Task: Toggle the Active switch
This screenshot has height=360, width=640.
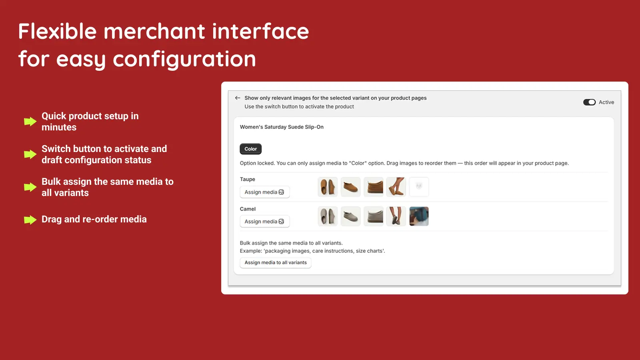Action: coord(589,102)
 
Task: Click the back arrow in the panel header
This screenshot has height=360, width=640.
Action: coord(238,98)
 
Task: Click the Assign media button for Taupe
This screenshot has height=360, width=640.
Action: coord(264,192)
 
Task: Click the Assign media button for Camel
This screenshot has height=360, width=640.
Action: coord(264,222)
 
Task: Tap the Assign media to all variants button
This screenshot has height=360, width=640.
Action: coord(276,263)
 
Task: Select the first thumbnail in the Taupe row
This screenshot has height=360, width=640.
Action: coord(328,187)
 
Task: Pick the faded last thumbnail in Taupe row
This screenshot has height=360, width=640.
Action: coord(419,187)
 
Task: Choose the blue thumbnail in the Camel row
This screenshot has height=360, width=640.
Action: coord(419,216)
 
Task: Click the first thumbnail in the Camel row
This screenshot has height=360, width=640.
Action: coord(328,216)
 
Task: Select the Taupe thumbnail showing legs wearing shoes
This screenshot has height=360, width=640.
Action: coord(396,187)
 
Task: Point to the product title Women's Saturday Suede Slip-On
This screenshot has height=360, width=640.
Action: coord(282,127)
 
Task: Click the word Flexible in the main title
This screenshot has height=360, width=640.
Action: coord(58,32)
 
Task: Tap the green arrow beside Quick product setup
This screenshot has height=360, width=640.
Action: coord(30,122)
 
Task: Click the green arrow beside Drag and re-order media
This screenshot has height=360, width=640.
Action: coord(30,220)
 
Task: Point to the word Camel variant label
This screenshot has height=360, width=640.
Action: coord(248,209)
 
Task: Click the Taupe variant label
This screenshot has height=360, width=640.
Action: coord(247,180)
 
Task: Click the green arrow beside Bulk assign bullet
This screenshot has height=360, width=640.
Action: coord(30,187)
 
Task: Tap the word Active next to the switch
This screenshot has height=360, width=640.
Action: coord(606,102)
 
